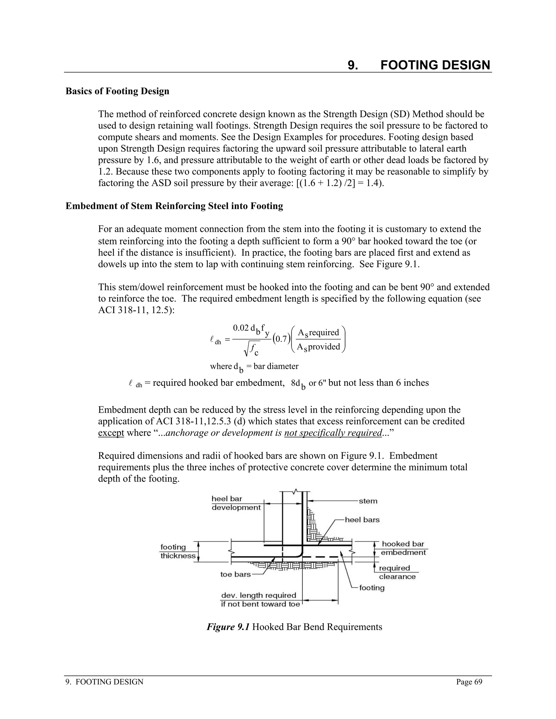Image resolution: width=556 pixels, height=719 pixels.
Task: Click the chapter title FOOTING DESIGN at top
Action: point(435,65)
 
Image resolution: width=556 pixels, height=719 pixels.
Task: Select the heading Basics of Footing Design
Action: point(117,91)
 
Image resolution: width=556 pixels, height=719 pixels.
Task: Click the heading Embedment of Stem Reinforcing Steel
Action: point(174,206)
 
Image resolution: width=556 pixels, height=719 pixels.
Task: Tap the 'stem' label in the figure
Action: point(368,501)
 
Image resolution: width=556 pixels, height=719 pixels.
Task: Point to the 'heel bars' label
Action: point(362,520)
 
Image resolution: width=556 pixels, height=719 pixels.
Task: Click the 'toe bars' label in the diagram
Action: point(235,574)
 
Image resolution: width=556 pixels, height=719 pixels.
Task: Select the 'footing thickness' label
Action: point(178,551)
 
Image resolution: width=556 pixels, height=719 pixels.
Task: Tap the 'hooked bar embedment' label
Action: point(403,548)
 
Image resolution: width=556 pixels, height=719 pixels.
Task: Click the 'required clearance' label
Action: point(397,572)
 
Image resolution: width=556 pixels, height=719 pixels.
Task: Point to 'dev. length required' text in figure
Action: point(258,595)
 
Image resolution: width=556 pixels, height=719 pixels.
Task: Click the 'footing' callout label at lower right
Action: point(372,588)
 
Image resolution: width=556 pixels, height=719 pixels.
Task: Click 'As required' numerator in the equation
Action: point(318,333)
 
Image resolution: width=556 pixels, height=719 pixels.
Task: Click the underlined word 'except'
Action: point(111,432)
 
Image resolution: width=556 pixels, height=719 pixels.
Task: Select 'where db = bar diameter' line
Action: point(254,366)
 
